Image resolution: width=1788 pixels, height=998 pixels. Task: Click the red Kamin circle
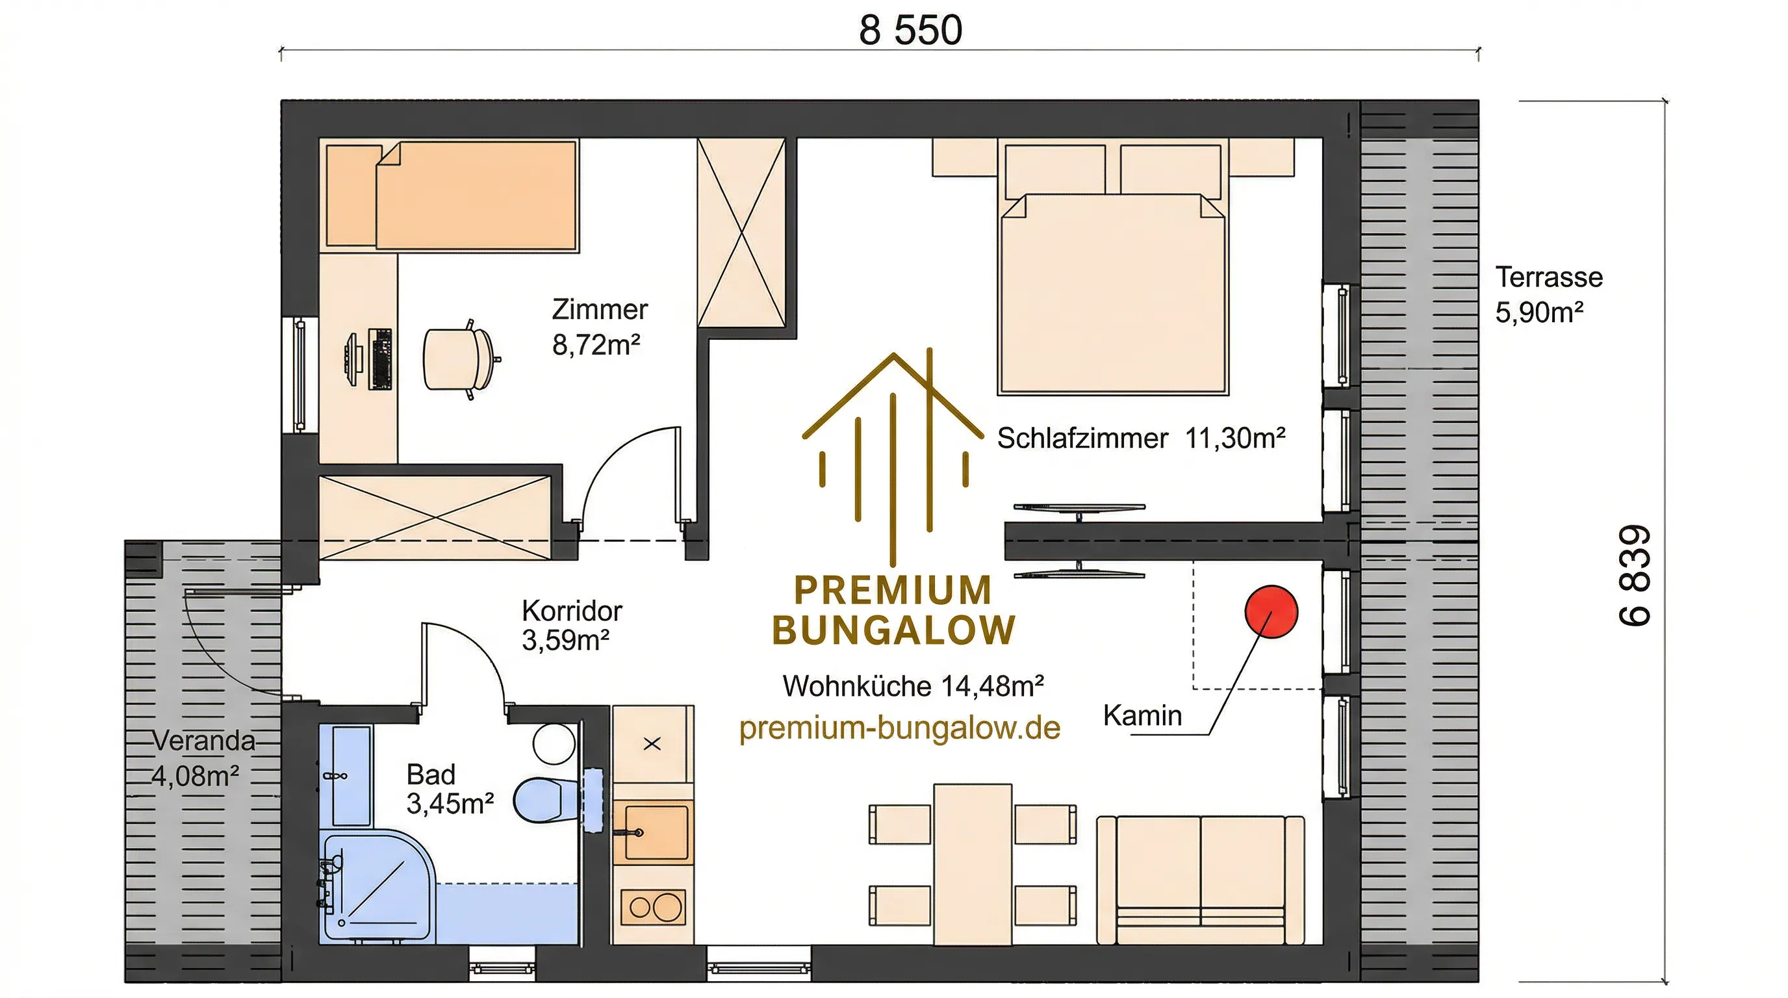coord(1271,611)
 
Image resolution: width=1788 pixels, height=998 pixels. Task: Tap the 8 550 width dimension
coord(911,31)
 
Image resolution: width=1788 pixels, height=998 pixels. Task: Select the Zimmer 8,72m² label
coord(600,327)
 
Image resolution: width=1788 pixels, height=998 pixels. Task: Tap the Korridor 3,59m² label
coord(572,625)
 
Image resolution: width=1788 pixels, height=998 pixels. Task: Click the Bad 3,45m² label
coord(450,789)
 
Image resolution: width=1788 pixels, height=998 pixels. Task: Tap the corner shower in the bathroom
coord(378,886)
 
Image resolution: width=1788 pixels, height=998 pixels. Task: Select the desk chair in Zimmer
coord(459,359)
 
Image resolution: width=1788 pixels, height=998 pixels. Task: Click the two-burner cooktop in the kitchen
coord(653,906)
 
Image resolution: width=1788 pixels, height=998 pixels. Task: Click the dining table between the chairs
coord(973,864)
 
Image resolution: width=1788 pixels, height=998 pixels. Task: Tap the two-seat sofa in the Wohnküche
coord(1200,880)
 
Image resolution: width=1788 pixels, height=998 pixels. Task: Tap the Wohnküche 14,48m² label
coord(913,686)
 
